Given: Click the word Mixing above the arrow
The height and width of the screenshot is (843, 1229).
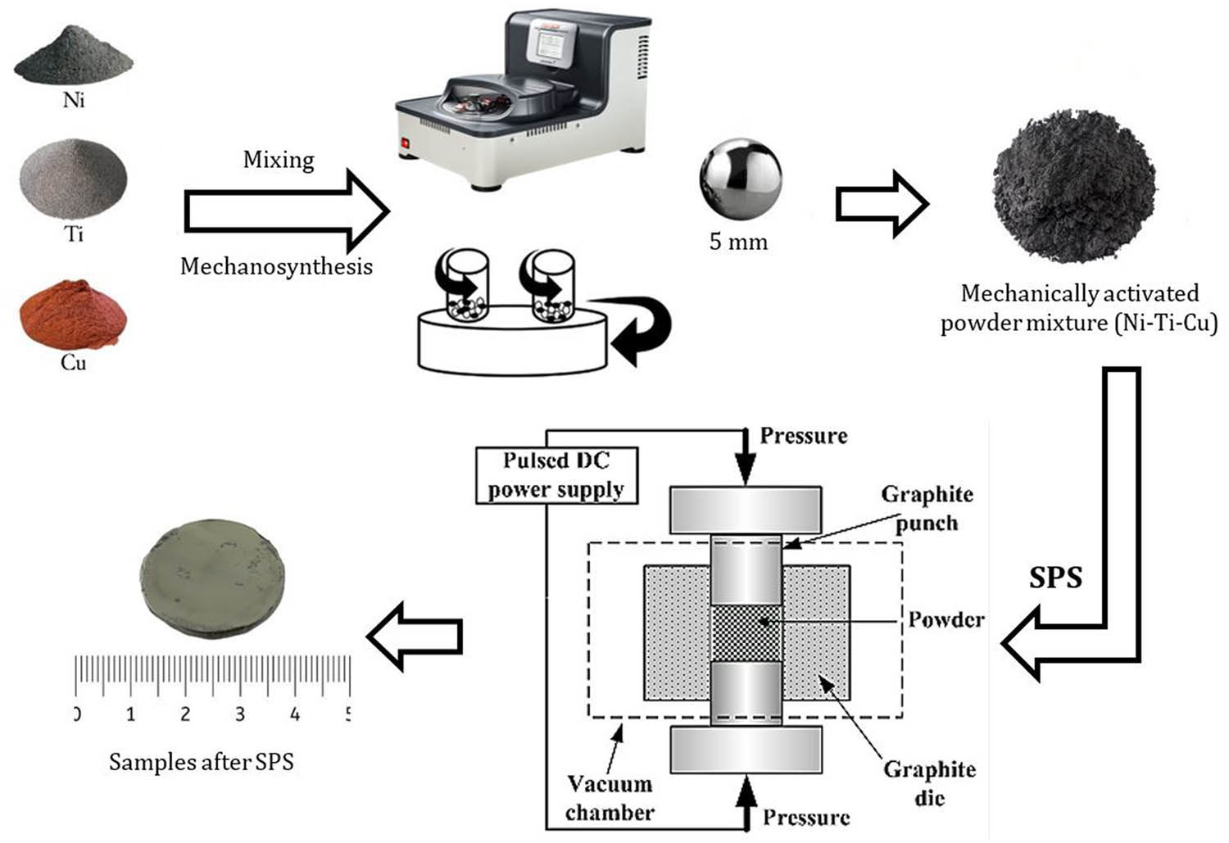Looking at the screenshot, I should pyautogui.click(x=279, y=159).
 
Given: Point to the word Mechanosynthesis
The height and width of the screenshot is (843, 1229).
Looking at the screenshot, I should pyautogui.click(x=276, y=266).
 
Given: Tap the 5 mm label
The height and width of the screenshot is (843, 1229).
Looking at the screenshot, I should pyautogui.click(x=738, y=242).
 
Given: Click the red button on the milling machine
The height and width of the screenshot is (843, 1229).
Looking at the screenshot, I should pyautogui.click(x=405, y=145).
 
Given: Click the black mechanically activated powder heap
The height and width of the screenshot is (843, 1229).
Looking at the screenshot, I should pyautogui.click(x=1074, y=190).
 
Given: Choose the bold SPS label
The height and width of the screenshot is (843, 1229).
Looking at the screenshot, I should pyautogui.click(x=1055, y=578).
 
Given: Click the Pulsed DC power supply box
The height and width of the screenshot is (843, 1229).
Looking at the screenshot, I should pyautogui.click(x=556, y=474).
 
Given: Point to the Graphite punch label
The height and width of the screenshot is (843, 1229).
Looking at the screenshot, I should pyautogui.click(x=927, y=508).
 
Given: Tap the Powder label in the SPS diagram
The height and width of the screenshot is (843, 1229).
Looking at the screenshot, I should pyautogui.click(x=946, y=619).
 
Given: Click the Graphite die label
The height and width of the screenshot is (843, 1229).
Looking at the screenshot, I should pyautogui.click(x=929, y=782).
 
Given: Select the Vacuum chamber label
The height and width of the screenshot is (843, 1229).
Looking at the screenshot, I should pyautogui.click(x=610, y=798).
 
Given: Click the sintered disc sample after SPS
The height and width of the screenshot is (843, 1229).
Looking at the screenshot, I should pyautogui.click(x=211, y=586).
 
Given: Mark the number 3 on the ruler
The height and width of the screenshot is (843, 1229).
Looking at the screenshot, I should pyautogui.click(x=239, y=714).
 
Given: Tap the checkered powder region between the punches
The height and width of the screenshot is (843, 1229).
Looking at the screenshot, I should pyautogui.click(x=745, y=633).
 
